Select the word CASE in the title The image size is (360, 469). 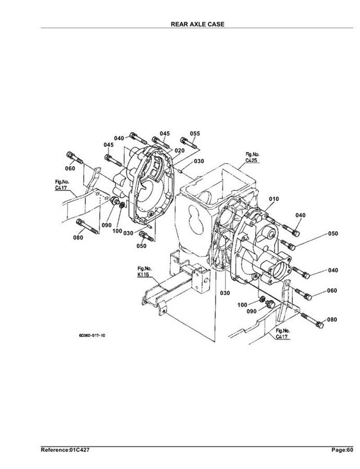tap(216, 24)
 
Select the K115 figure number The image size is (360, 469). tap(144, 273)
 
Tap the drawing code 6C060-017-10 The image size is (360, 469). tap(92, 335)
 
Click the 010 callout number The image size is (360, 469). tap(274, 199)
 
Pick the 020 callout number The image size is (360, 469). tap(180, 150)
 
